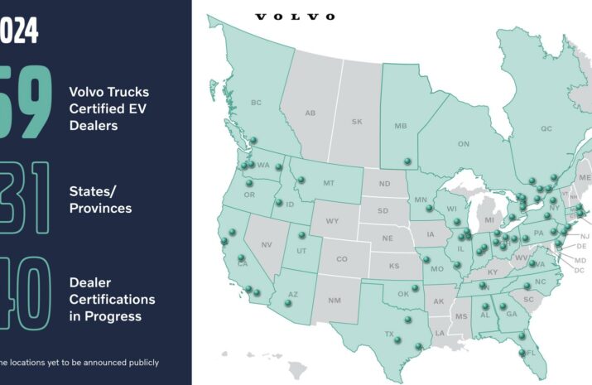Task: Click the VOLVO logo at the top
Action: pos(295,17)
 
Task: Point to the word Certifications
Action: pos(112,299)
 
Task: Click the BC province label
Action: pos(255,103)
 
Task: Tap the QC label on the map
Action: pos(546,129)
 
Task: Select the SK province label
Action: pos(357,122)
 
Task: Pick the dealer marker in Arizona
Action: pos(288,303)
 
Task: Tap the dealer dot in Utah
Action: pos(302,235)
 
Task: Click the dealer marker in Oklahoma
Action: pos(416,289)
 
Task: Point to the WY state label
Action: pos(332,221)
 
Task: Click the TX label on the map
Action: pos(388,334)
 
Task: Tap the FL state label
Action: pos(531,353)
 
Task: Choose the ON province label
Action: pos(463,144)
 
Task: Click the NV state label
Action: pos(267,245)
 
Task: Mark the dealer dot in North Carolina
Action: pos(528,287)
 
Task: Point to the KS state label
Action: pos(394,267)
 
